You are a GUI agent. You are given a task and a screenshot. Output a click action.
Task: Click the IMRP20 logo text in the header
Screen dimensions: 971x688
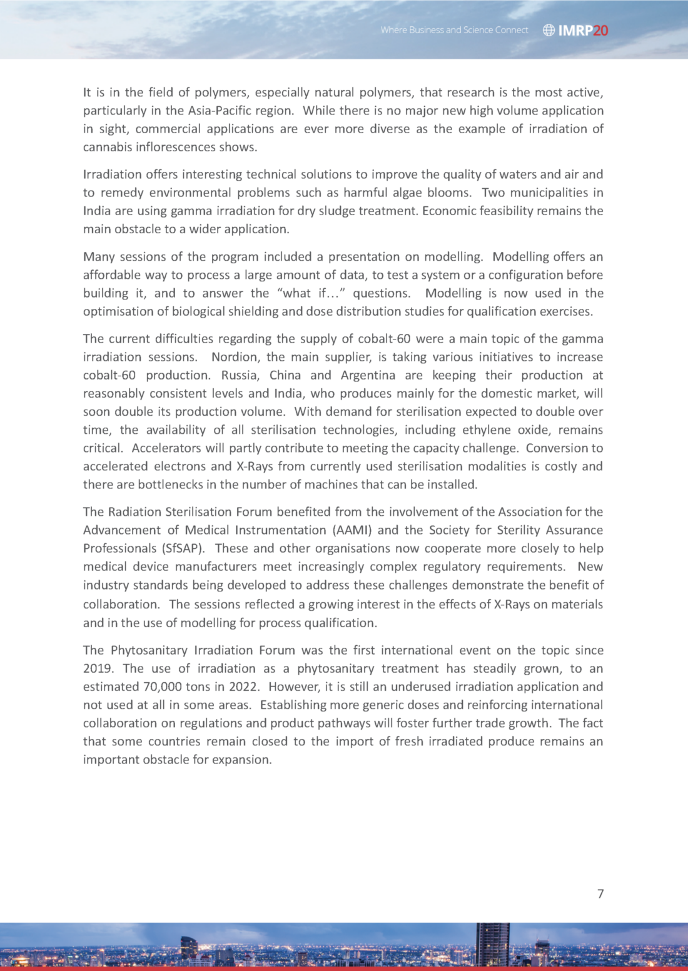[583, 30]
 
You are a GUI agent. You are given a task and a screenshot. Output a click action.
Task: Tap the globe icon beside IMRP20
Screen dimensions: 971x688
[549, 30]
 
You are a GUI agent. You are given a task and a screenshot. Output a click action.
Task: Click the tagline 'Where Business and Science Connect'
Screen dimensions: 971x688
[454, 30]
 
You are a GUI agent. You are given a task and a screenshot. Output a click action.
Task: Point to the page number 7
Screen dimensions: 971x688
[600, 894]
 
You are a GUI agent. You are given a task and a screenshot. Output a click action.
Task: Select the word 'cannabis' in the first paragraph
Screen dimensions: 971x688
[107, 147]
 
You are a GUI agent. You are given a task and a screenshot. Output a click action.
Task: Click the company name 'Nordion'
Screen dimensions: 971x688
[235, 357]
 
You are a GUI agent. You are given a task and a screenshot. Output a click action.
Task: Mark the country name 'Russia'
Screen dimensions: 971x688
[240, 375]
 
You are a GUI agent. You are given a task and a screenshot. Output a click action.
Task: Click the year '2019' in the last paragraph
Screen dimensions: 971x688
[97, 668]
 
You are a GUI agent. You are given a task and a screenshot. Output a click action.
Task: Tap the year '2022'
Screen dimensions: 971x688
[243, 687]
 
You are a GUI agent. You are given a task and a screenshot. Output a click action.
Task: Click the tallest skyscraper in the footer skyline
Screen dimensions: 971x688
[492, 944]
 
